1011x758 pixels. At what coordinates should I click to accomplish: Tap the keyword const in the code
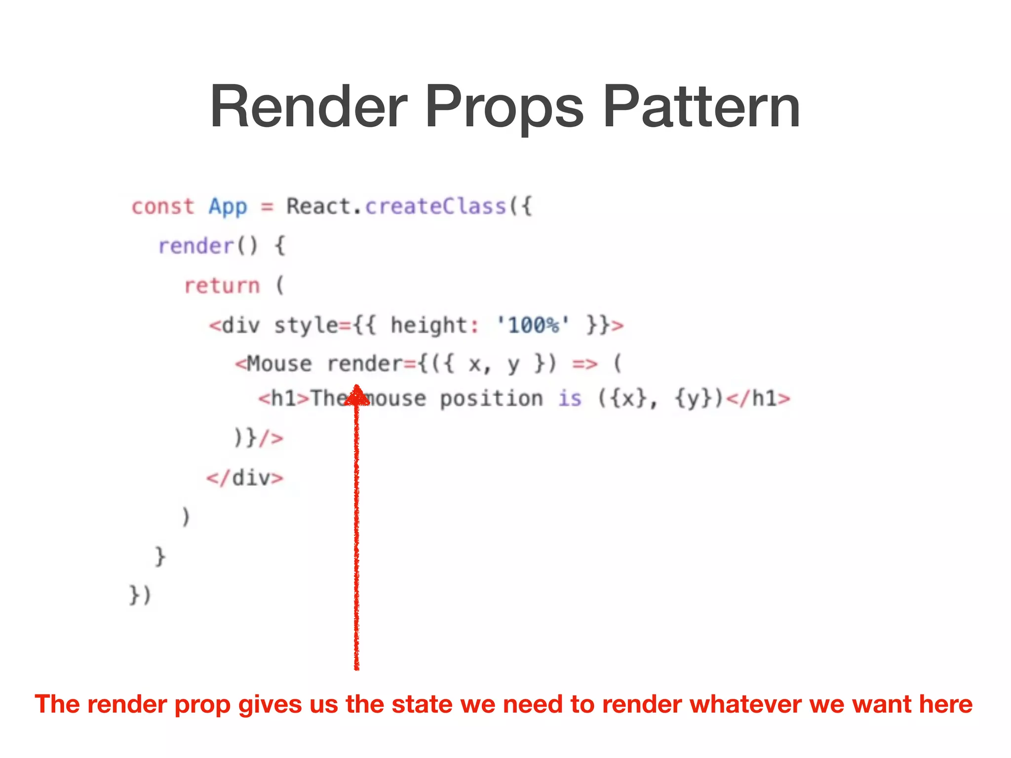(x=163, y=206)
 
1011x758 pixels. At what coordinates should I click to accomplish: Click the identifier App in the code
(x=228, y=207)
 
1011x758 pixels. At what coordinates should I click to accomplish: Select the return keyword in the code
(x=222, y=286)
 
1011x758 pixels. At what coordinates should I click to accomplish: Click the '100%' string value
(x=533, y=325)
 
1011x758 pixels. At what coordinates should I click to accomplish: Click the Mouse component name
(x=279, y=364)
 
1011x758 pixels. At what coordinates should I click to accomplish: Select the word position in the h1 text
(x=491, y=399)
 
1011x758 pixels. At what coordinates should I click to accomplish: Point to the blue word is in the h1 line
(x=570, y=399)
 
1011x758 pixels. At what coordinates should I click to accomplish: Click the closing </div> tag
(x=245, y=478)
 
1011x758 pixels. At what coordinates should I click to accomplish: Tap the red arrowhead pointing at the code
(x=356, y=396)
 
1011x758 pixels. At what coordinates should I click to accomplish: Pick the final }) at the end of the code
(x=140, y=595)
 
